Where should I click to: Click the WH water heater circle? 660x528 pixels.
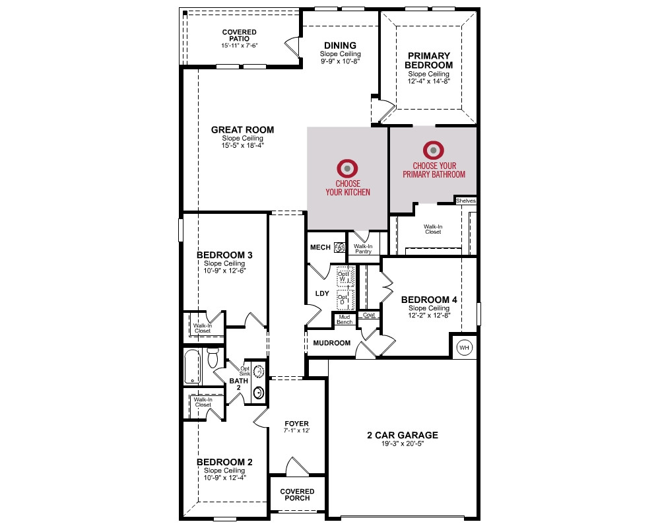coord(464,347)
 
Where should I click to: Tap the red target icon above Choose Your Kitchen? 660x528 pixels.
coord(347,168)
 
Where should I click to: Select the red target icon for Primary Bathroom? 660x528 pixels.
coord(433,150)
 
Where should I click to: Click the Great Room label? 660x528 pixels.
coord(242,129)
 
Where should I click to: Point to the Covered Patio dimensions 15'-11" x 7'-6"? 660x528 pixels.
coord(240,46)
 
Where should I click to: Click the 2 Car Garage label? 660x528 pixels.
coord(403,435)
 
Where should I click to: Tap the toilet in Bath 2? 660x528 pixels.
coord(213,358)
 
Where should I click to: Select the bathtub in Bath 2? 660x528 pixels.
coord(192,367)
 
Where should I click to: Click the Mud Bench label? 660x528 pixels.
coord(345,319)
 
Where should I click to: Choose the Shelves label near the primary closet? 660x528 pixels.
coord(465,201)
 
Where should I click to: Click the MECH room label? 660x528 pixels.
coord(320,247)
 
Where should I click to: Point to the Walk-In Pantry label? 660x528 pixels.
coord(363,249)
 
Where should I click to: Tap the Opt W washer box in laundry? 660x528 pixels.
coord(345,277)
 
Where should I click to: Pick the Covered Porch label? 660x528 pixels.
coord(297,495)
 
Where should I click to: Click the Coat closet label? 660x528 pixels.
coord(369,315)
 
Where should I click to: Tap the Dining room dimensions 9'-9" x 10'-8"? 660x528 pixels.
coord(340,61)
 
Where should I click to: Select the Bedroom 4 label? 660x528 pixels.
coord(429,300)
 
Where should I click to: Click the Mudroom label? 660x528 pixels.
coord(332,343)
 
